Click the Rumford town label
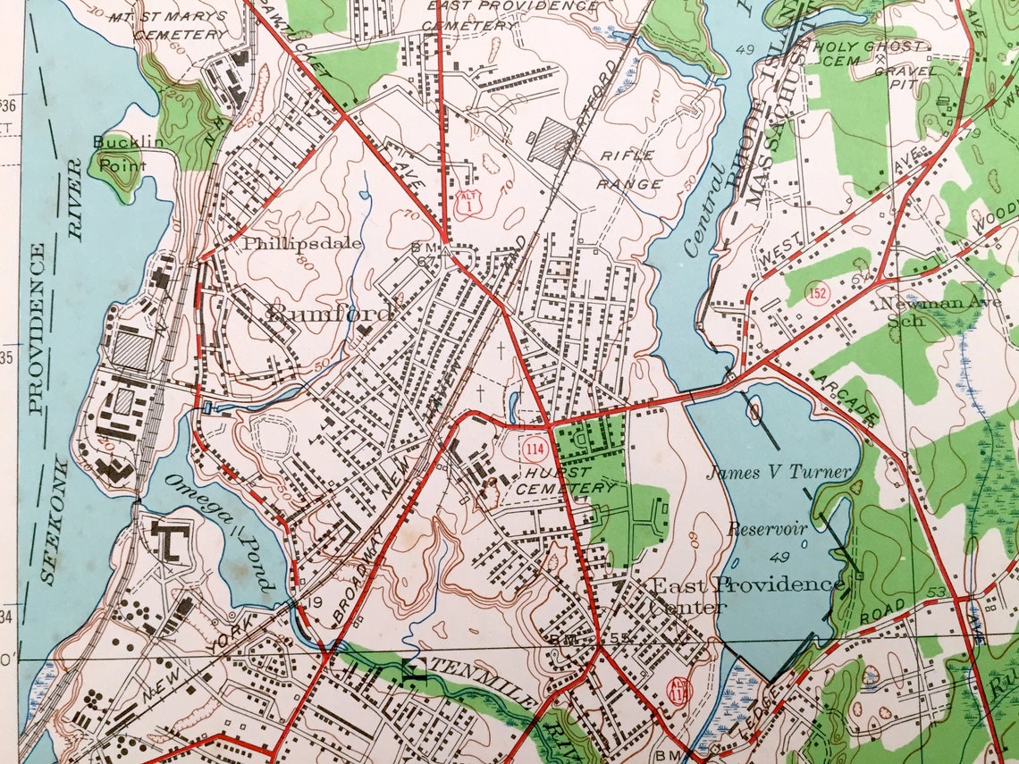point(330,314)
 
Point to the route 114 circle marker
point(535,446)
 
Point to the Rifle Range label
point(631,170)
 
